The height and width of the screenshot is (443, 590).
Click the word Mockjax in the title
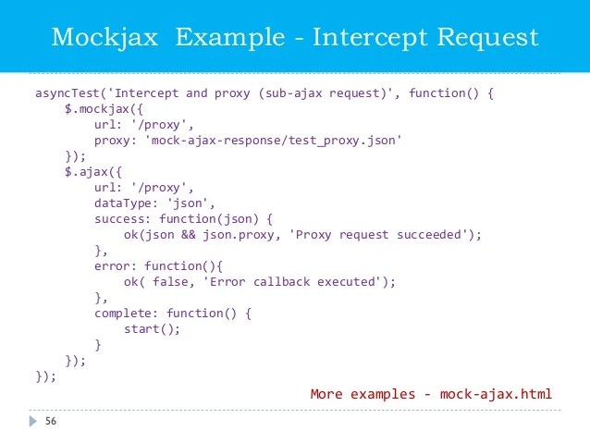point(104,38)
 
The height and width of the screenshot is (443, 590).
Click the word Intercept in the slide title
point(370,38)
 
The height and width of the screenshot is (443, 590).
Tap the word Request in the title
point(487,38)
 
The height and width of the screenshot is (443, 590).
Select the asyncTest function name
point(68,93)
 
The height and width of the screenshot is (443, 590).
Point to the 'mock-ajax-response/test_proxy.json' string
point(274,141)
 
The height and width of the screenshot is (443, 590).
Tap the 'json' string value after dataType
point(188,203)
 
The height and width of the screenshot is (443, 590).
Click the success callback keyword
point(119,219)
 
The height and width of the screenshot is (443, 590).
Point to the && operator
point(189,235)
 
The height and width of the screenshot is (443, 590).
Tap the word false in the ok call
point(170,282)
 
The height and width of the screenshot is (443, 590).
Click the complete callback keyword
point(123,314)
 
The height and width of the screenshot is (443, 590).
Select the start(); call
point(152,329)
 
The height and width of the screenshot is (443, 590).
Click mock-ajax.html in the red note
point(496,394)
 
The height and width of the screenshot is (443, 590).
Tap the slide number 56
point(51,421)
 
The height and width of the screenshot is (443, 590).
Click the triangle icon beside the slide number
point(33,421)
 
